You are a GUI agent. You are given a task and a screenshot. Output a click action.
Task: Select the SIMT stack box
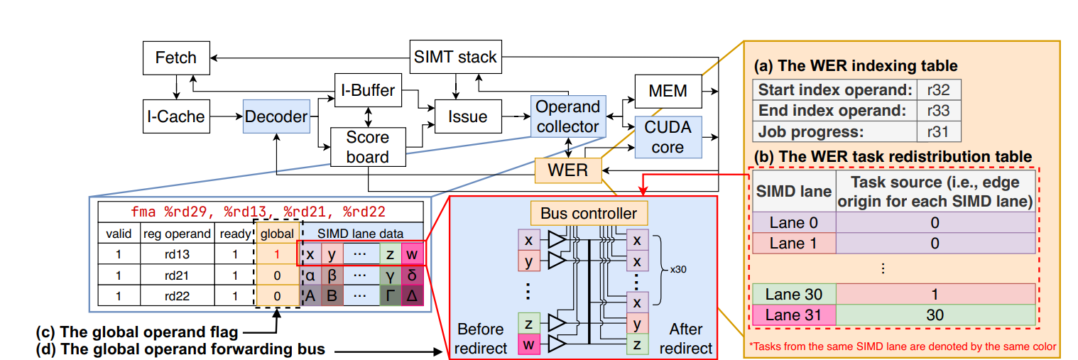[x=455, y=57]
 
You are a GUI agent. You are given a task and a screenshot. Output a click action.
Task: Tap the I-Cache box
[x=175, y=116]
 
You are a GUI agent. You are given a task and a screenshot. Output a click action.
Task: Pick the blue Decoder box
[x=276, y=116]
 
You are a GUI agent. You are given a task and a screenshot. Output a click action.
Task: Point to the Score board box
[x=368, y=146]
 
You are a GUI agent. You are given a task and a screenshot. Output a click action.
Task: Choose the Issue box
[x=467, y=116]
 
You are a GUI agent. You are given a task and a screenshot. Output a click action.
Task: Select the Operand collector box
[x=567, y=116]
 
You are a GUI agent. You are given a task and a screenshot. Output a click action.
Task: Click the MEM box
[x=668, y=91]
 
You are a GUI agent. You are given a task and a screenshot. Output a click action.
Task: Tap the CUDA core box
[x=668, y=136]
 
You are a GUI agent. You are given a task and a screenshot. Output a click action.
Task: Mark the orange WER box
[x=568, y=170]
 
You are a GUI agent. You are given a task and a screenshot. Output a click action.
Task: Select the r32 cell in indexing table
[x=928, y=90]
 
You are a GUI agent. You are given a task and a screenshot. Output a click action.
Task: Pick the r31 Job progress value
[x=928, y=131]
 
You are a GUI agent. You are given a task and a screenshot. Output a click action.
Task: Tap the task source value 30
[x=935, y=315]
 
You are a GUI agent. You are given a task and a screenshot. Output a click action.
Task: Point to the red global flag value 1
[x=277, y=253]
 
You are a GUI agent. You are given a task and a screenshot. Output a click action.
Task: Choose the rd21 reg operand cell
[x=177, y=275]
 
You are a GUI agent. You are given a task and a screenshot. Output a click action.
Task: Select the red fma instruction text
[x=261, y=212]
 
